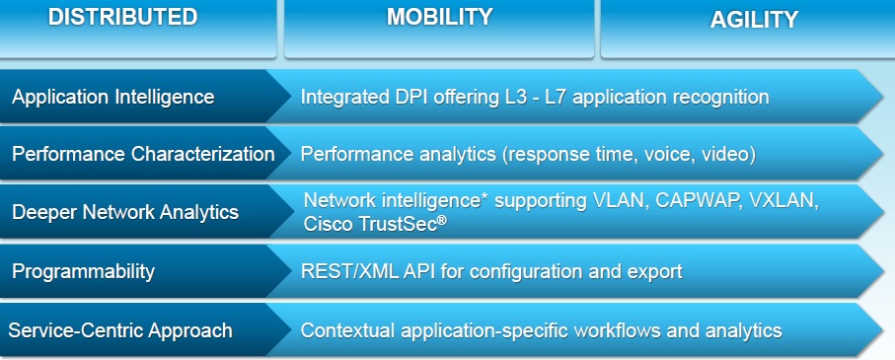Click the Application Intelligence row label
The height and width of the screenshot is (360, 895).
(113, 97)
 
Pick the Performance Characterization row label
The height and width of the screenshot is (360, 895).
(143, 154)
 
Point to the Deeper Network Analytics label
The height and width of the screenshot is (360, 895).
(125, 212)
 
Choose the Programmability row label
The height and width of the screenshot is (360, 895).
(83, 271)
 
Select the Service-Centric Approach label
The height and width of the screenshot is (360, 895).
(120, 330)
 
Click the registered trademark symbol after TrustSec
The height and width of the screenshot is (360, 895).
(442, 220)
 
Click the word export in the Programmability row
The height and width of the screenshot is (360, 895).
(653, 272)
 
